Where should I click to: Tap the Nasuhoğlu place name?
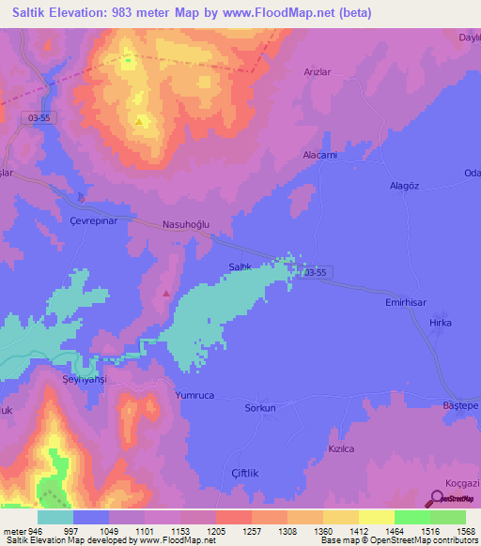tap(184, 225)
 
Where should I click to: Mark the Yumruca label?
tap(194, 396)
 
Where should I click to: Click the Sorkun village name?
tap(260, 408)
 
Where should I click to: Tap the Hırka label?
tap(441, 323)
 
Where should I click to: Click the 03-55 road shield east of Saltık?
tap(316, 272)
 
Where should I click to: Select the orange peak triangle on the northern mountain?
tap(139, 121)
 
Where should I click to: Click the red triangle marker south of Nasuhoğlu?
tap(166, 294)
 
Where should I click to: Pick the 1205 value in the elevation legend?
tap(215, 530)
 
